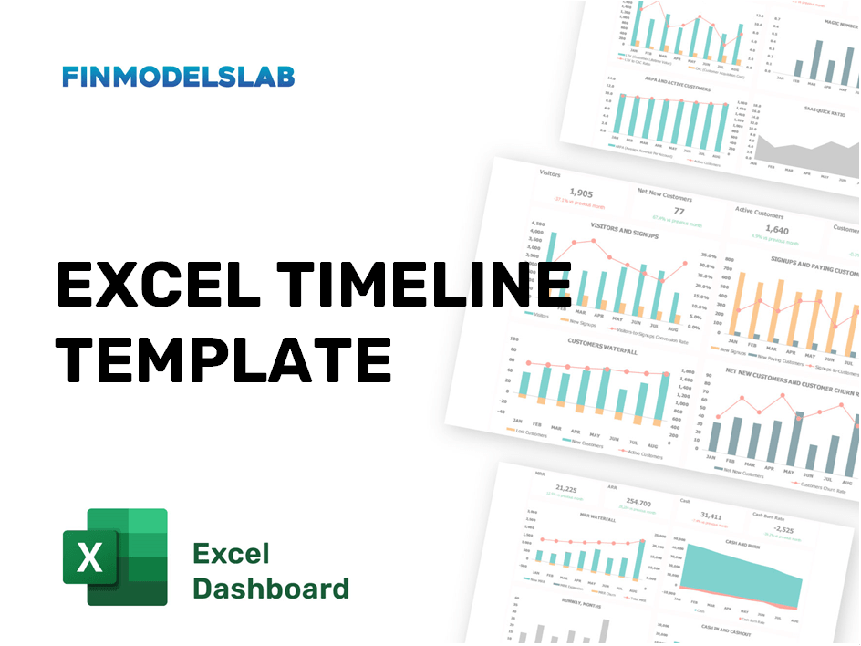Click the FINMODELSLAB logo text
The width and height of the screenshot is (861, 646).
pyautogui.click(x=178, y=77)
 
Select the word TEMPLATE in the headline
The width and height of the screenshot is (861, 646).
pyautogui.click(x=223, y=357)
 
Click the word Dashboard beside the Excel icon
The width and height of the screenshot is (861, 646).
pyautogui.click(x=271, y=588)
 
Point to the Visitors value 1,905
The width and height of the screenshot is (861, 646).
pyautogui.click(x=581, y=193)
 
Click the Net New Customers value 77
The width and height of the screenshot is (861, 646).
pyautogui.click(x=679, y=211)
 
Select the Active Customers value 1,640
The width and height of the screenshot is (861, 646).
pyautogui.click(x=776, y=230)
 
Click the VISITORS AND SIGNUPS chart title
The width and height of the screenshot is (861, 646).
pyautogui.click(x=624, y=228)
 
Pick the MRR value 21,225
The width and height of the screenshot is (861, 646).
pyautogui.click(x=565, y=489)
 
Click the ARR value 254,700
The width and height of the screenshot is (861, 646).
pyautogui.click(x=638, y=503)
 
